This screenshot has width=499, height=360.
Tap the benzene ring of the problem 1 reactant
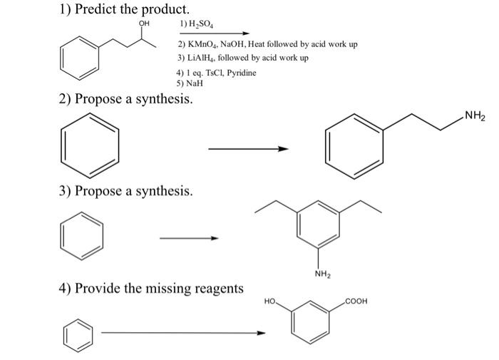click(78, 56)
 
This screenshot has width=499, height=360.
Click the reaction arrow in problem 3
click(188, 238)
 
